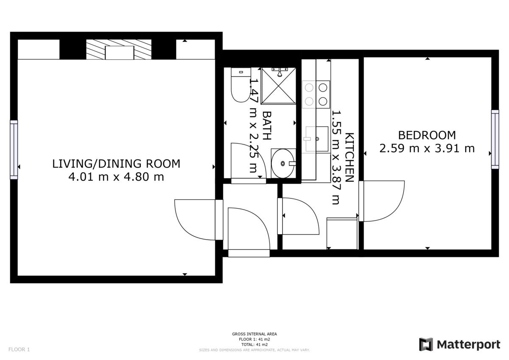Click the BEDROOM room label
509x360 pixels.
coord(427,135)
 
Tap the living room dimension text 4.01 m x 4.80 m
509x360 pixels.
coord(116,177)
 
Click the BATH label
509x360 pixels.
coord(267,126)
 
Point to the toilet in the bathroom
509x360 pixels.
coord(240,86)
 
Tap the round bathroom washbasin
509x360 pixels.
coord(282,163)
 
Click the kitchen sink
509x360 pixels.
coord(316,139)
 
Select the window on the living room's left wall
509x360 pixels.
coord(14,149)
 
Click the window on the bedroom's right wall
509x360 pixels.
coord(495,140)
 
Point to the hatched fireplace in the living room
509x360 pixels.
coord(119,50)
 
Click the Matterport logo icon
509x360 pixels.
coord(426,344)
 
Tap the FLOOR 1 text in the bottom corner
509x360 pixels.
coord(19,350)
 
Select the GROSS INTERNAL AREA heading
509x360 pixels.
coord(255,334)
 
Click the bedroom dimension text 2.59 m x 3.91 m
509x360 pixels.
coord(427,148)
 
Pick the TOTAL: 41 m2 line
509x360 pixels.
coord(255,345)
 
